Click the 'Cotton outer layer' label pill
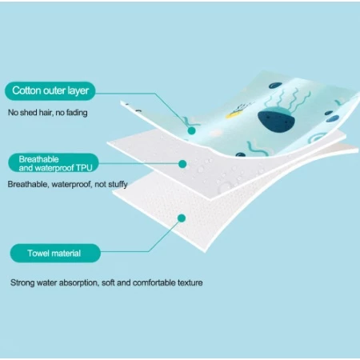(x=50, y=91)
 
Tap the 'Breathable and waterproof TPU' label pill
(x=54, y=163)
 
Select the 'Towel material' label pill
(x=55, y=253)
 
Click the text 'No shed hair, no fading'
(x=48, y=113)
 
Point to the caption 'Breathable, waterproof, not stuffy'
(x=67, y=184)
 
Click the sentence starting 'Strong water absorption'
(x=106, y=282)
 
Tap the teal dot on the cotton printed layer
(x=191, y=130)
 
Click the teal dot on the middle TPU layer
(x=182, y=164)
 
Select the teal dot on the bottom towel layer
(x=182, y=218)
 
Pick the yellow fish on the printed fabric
(x=233, y=114)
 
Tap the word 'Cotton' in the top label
(x=26, y=90)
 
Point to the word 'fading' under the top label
(x=77, y=113)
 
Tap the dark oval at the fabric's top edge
(x=275, y=86)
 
